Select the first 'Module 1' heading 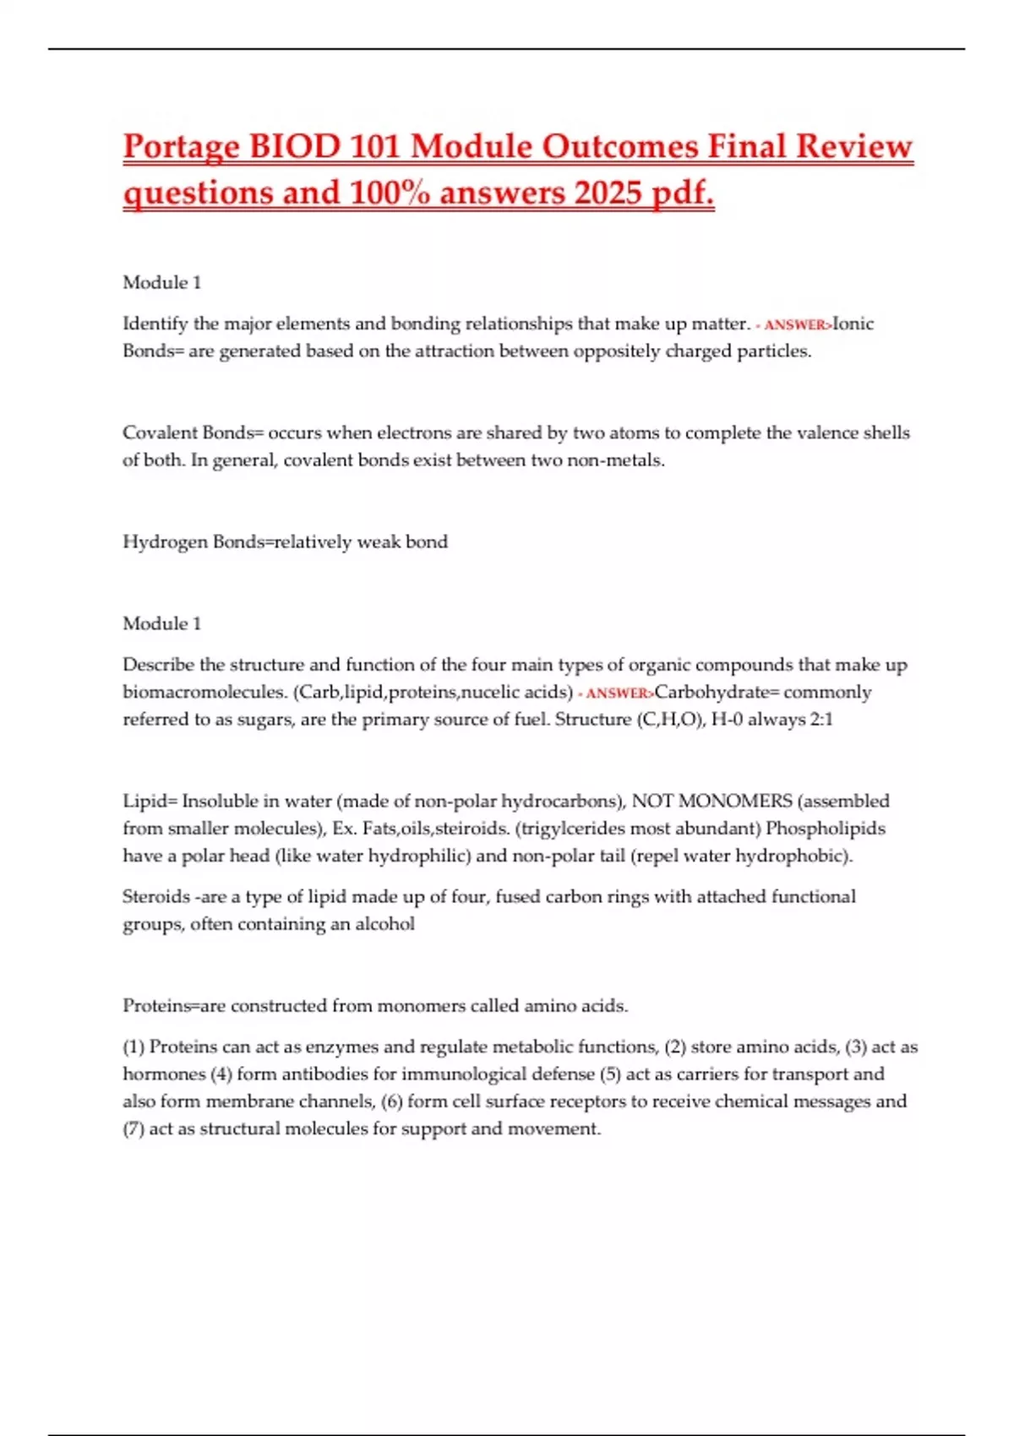[x=162, y=282]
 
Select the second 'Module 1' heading [x=162, y=623]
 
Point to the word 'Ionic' [x=853, y=324]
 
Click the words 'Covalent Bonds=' [x=194, y=432]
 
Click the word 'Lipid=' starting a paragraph [x=150, y=801]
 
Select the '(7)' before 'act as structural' [x=134, y=1129]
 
